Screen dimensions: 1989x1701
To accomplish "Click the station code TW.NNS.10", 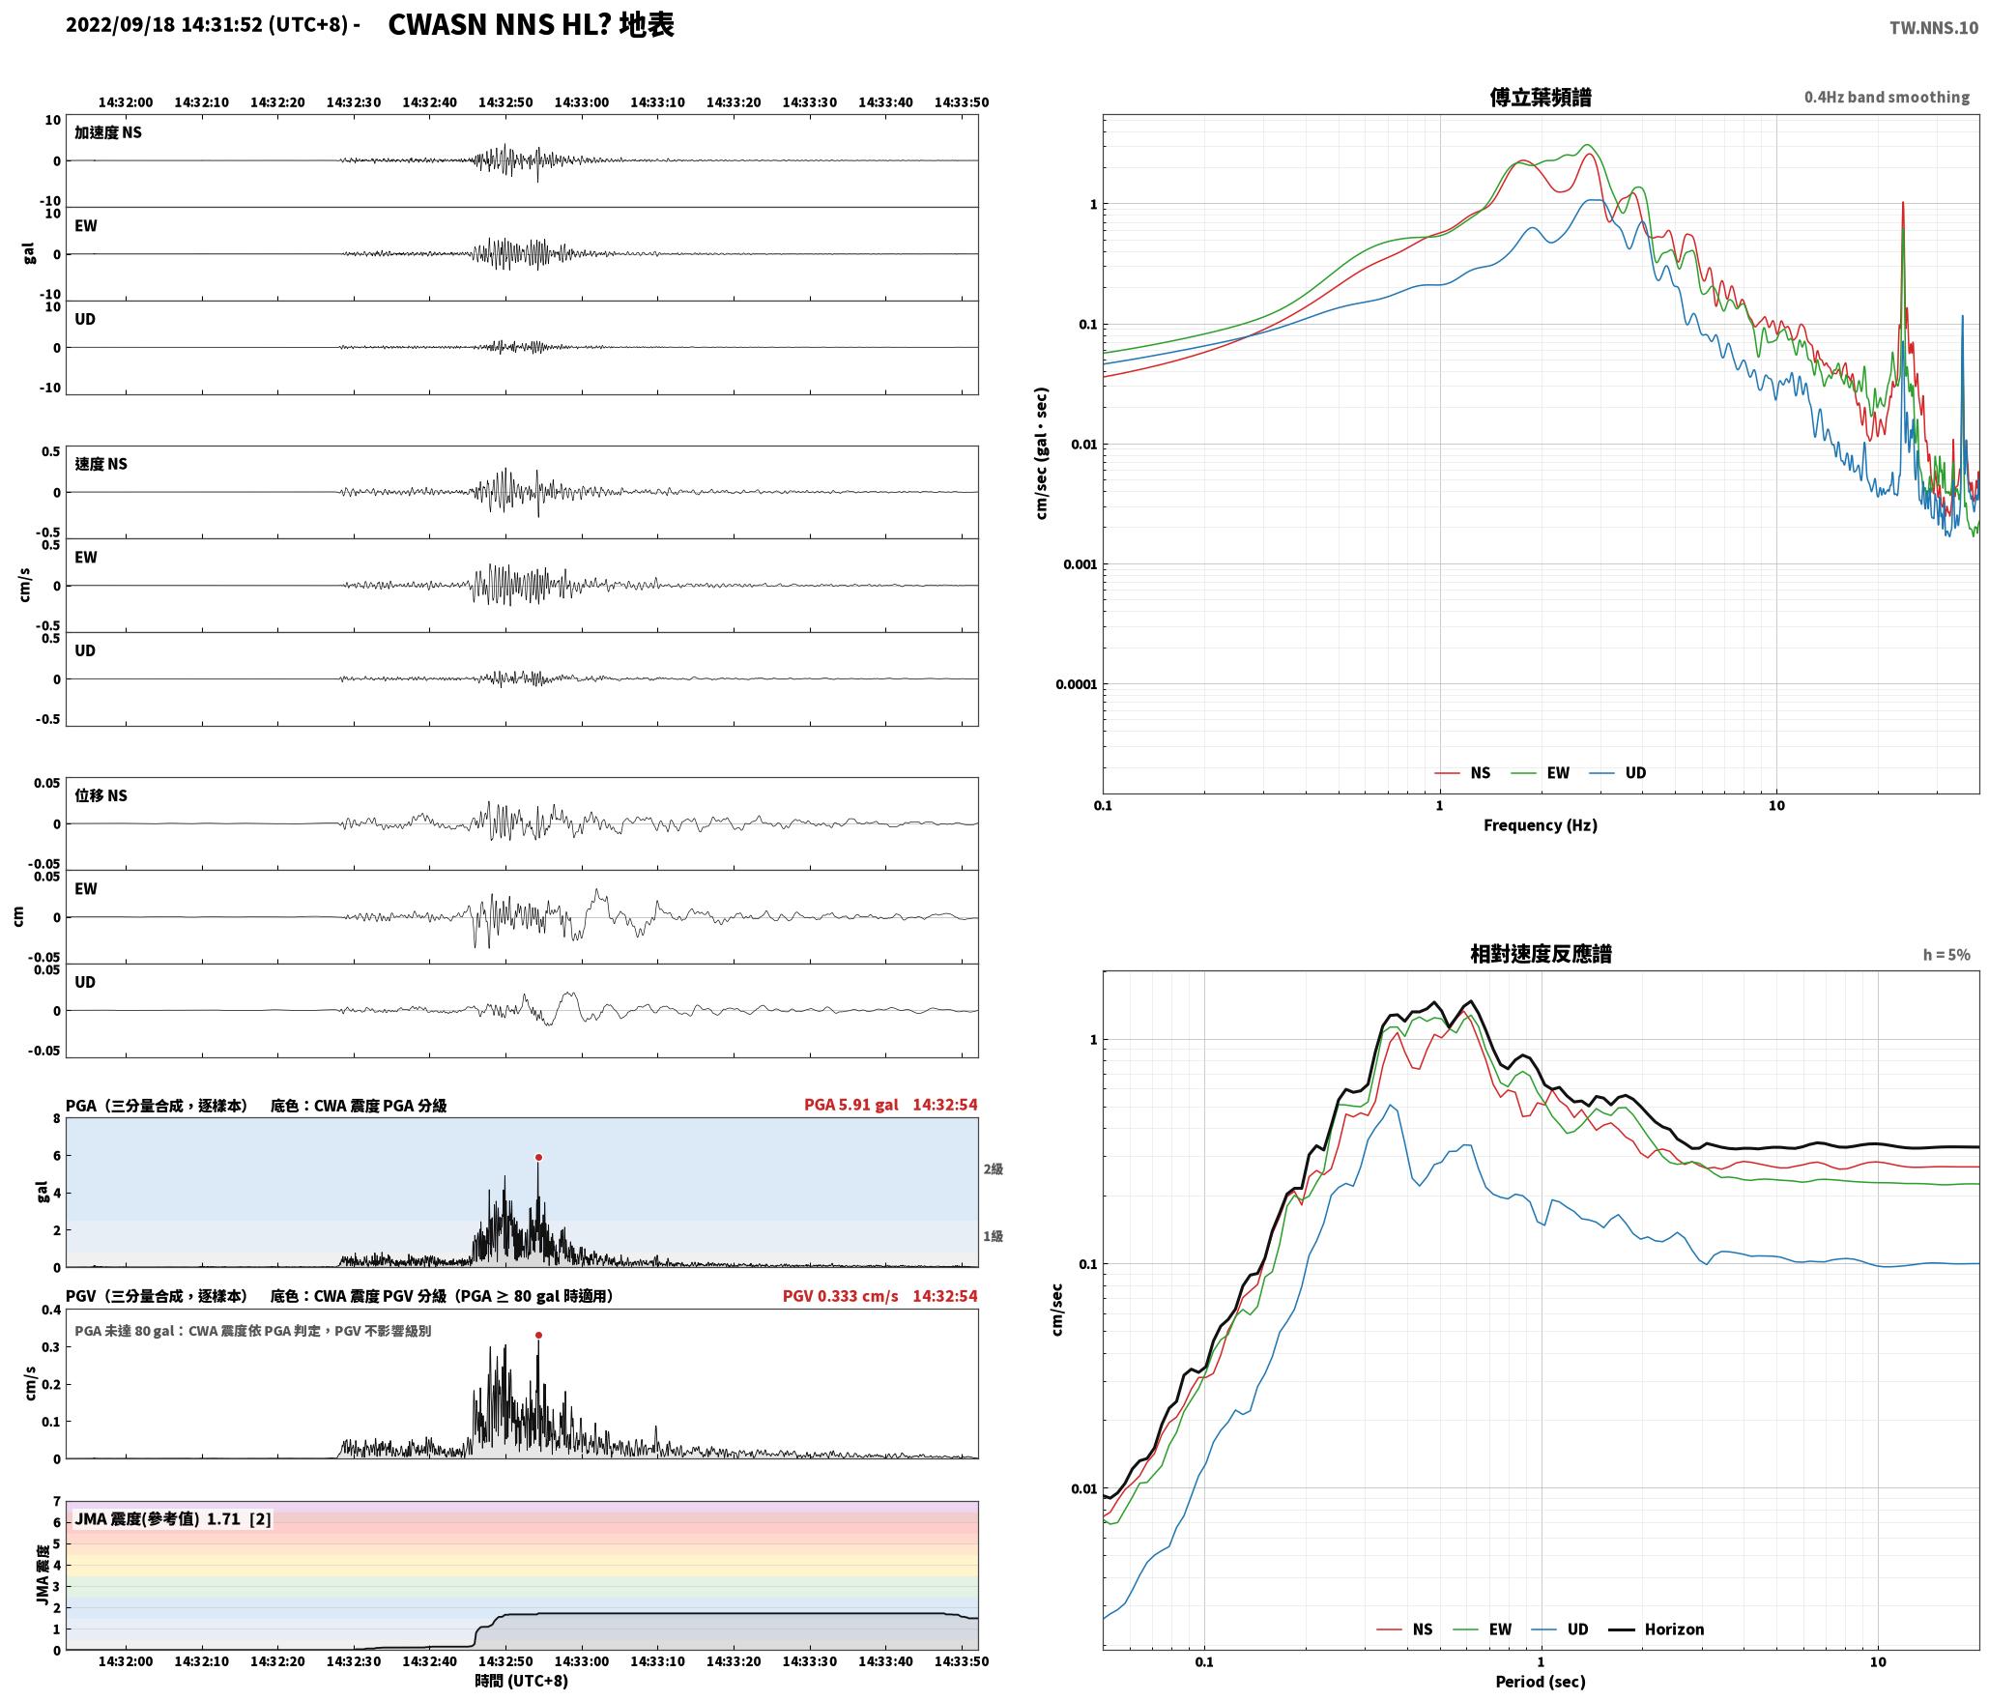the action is click(1934, 28).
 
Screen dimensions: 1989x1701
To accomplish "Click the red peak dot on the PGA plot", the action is click(538, 1157).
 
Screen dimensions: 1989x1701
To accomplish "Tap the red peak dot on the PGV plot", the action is click(538, 1335).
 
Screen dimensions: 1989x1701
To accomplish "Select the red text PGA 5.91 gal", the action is click(850, 1105).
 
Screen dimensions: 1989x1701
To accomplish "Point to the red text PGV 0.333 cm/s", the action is click(840, 1295).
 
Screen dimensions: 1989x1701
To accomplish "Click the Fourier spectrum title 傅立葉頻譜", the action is click(1541, 97).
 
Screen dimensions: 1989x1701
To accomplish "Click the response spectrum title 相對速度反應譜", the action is click(1541, 954).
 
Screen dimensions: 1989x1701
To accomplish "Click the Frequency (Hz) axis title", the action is click(1541, 824).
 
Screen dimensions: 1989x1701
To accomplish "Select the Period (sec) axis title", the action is click(1541, 1681).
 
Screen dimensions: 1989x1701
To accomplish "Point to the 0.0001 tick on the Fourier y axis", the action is click(1075, 684).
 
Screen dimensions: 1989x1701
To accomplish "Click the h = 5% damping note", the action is click(1946, 955).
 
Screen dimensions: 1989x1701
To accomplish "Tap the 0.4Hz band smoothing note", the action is click(1887, 97).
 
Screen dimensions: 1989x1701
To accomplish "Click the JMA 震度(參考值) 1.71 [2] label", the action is click(173, 1518).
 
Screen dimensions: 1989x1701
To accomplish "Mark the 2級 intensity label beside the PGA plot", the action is click(993, 1168).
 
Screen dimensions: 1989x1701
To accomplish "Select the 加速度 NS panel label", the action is click(108, 132).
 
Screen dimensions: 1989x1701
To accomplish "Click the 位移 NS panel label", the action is click(101, 795).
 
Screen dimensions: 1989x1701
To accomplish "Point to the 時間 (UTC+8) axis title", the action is click(522, 1681).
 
